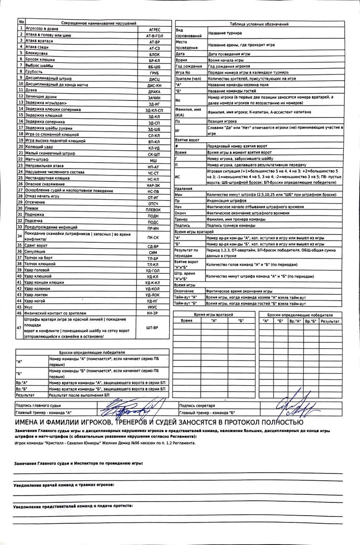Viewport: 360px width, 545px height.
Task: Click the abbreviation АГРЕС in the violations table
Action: pos(154,30)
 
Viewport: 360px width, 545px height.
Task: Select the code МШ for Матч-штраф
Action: pos(153,160)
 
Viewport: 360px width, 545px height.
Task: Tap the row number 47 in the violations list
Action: pos(19,327)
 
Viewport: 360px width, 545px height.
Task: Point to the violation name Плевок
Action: pos(32,209)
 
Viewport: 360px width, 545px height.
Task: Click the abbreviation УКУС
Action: pos(152,307)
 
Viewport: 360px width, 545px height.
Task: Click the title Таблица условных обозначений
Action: pos(259,24)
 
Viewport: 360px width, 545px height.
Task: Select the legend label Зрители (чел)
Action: pos(188,79)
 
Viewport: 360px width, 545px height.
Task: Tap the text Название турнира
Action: pos(225,33)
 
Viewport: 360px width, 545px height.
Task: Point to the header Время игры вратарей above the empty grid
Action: pos(213,314)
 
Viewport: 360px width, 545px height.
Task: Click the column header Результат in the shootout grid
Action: pos(330,321)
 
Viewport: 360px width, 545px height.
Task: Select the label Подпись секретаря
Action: pos(197,406)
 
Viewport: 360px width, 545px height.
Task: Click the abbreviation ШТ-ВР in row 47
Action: pos(153,327)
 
